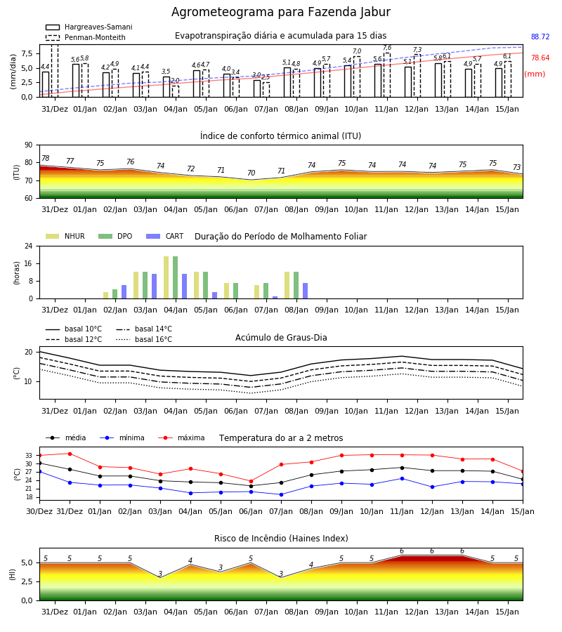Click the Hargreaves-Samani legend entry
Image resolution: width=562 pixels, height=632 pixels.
pyautogui.click(x=89, y=27)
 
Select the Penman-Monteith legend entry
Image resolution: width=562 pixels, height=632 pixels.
pyautogui.click(x=86, y=37)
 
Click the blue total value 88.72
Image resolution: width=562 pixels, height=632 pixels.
pyautogui.click(x=540, y=37)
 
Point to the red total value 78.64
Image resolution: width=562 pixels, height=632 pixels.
pyautogui.click(x=540, y=58)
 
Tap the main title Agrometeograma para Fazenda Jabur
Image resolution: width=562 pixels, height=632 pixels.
pyautogui.click(x=281, y=12)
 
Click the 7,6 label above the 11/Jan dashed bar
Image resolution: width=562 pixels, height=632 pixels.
pyautogui.click(x=387, y=48)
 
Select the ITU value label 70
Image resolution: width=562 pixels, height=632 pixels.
pyautogui.click(x=251, y=173)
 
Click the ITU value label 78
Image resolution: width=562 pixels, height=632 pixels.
pyautogui.click(x=46, y=159)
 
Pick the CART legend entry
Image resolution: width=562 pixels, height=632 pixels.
pyautogui.click(x=165, y=236)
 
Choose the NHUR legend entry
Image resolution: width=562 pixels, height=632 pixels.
pyautogui.click(x=65, y=236)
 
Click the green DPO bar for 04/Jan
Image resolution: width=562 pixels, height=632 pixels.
pyautogui.click(x=176, y=277)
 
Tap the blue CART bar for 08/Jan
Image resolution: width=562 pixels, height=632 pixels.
pyautogui.click(x=305, y=291)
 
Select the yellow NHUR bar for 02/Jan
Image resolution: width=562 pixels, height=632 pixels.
pyautogui.click(x=106, y=296)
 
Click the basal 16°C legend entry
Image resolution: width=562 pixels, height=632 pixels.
pyautogui.click(x=144, y=339)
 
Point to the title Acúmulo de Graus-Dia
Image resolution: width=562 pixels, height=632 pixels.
pyautogui.click(x=281, y=337)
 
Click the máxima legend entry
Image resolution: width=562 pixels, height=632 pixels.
pyautogui.click(x=182, y=437)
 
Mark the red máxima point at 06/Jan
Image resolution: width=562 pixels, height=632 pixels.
pyautogui.click(x=251, y=481)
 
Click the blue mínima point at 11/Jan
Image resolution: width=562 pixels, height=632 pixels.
pyautogui.click(x=402, y=478)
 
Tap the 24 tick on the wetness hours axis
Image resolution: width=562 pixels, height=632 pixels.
pyautogui.click(x=30, y=246)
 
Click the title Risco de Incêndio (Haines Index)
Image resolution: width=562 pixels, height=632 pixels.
pyautogui.click(x=281, y=539)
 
